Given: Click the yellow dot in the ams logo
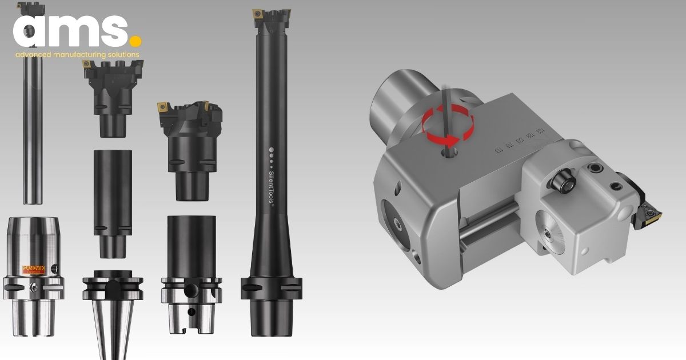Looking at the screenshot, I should click(x=135, y=42).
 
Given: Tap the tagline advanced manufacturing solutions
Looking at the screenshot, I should click(x=78, y=55).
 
